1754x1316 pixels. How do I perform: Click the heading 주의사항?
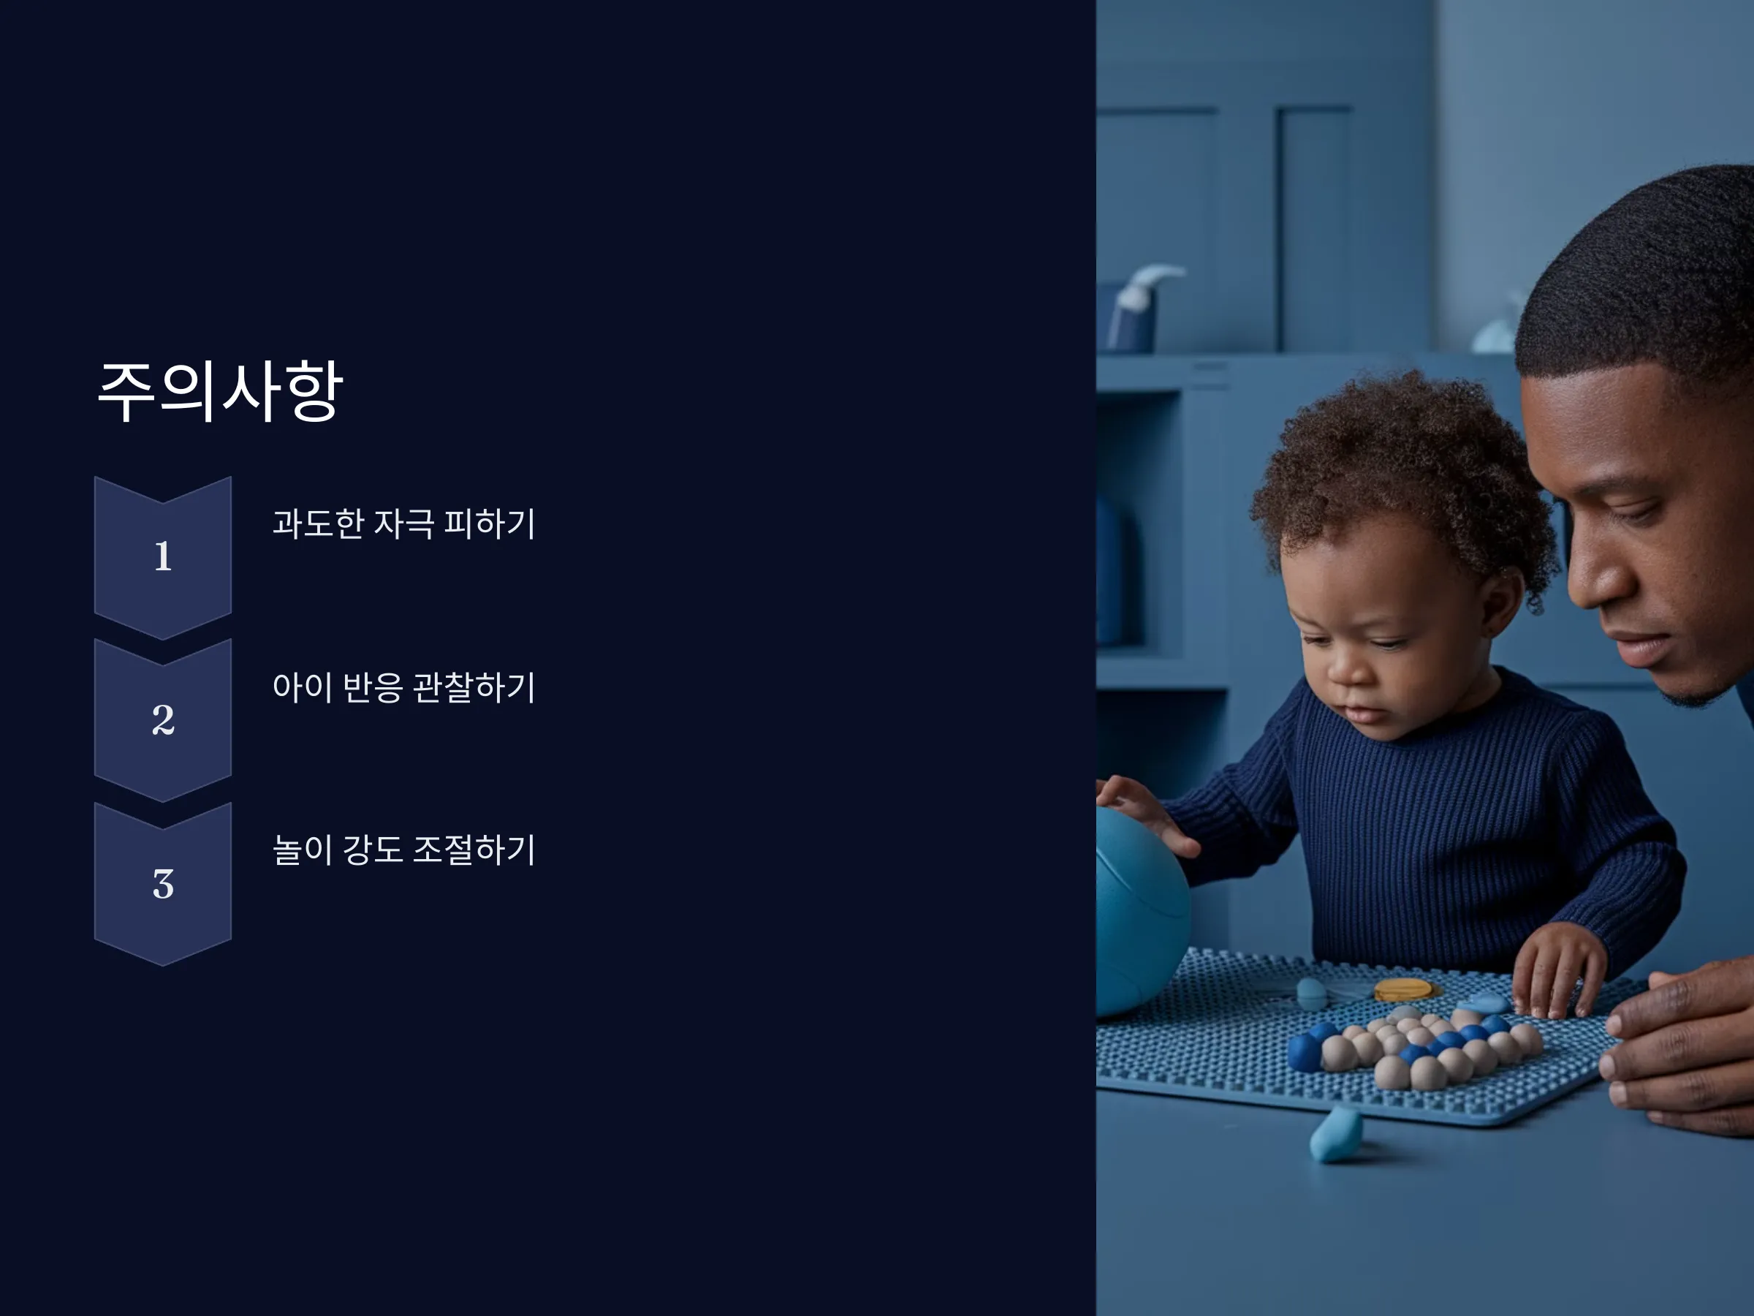pos(220,391)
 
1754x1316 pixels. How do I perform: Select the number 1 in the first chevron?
pos(162,556)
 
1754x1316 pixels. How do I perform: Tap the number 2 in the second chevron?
pos(162,720)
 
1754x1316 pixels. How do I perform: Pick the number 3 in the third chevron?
pos(162,884)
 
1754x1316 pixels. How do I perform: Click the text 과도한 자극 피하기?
pos(403,523)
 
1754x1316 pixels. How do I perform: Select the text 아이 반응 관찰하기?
pos(403,687)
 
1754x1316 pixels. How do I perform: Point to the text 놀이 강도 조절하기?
pos(403,850)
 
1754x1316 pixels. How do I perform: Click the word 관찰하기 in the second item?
pos(474,687)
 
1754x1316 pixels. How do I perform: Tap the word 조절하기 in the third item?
pos(474,850)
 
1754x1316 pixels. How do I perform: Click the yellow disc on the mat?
pos(1402,989)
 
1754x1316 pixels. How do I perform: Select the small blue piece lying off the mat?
pos(1336,1135)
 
